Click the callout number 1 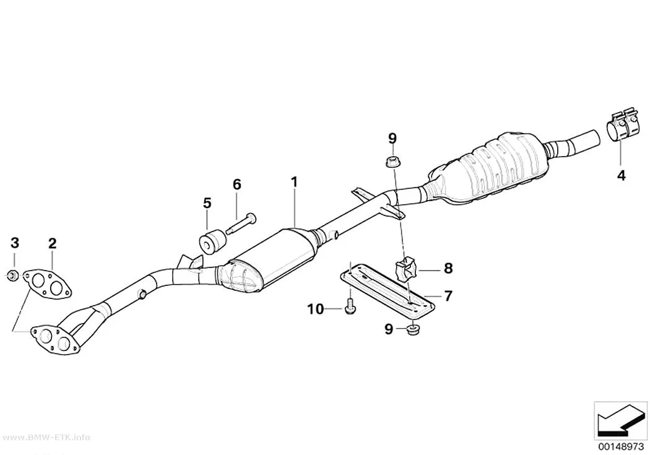tap(294, 182)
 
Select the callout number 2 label tap(52, 243)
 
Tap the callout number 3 tap(15, 243)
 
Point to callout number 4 tap(621, 176)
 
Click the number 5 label tap(207, 203)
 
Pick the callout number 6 tap(236, 184)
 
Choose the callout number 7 tap(448, 296)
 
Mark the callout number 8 tap(449, 269)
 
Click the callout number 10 tap(316, 309)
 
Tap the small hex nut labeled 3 tap(12, 274)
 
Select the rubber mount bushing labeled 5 tap(212, 241)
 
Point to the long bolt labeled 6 tap(241, 223)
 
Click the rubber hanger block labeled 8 tap(406, 267)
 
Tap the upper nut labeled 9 tap(391, 162)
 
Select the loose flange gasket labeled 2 tap(46, 284)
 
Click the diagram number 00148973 tap(620, 446)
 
